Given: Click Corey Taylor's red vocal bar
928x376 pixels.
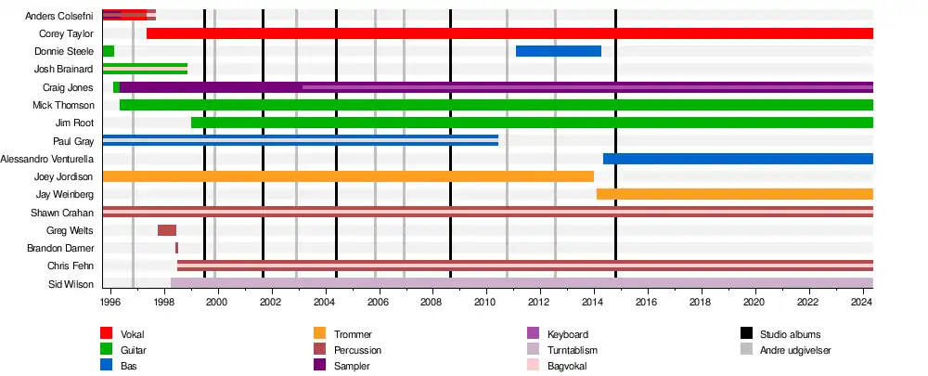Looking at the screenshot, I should point(510,33).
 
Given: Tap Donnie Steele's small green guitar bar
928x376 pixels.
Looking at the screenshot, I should point(108,51).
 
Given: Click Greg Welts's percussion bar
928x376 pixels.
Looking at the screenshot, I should point(167,230).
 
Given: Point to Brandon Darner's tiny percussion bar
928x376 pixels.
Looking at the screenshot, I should point(176,248).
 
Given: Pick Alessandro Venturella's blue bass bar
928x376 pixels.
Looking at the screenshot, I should point(738,159).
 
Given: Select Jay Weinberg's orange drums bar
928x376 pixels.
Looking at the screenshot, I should point(734,194).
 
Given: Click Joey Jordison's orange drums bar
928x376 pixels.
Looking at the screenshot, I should point(348,176).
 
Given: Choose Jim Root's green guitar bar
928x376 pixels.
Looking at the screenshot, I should point(532,123).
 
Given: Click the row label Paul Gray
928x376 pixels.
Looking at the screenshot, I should point(72,141).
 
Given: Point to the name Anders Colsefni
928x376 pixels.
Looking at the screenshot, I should point(59,16).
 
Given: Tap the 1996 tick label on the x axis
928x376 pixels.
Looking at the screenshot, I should point(110,303).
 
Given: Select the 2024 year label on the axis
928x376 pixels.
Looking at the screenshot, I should point(862,303).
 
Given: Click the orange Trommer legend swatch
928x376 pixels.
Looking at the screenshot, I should point(319,334).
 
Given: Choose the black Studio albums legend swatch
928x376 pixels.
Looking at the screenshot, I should point(746,334).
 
